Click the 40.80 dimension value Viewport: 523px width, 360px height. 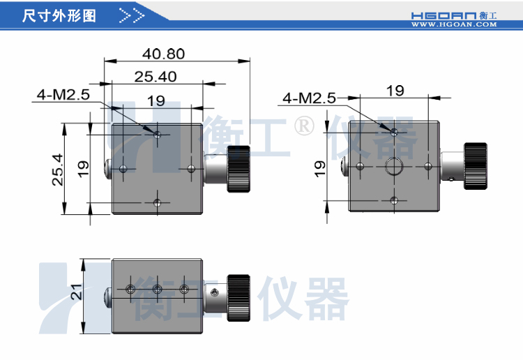163,54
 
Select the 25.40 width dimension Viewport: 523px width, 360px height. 156,77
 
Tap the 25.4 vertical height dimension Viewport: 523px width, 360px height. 58,170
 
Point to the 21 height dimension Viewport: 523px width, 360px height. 77,292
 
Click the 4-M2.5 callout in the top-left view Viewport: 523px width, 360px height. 63,95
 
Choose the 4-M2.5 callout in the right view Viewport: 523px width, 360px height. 309,98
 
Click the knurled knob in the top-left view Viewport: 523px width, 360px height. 238,169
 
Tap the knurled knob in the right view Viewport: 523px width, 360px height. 476,166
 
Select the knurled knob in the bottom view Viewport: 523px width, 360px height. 238,299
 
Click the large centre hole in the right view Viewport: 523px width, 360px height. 394,166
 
